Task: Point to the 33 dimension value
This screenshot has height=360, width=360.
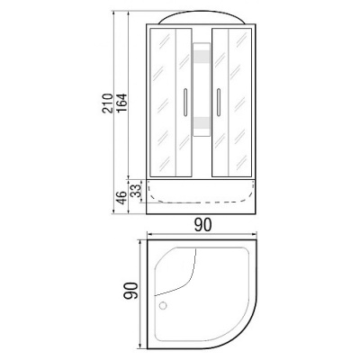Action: click(x=135, y=190)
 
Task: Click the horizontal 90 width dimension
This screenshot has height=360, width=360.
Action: click(x=201, y=225)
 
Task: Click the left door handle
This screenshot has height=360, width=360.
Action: click(x=186, y=98)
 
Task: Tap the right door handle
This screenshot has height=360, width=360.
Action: click(x=217, y=98)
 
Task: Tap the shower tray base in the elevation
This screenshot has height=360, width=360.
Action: click(x=202, y=196)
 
